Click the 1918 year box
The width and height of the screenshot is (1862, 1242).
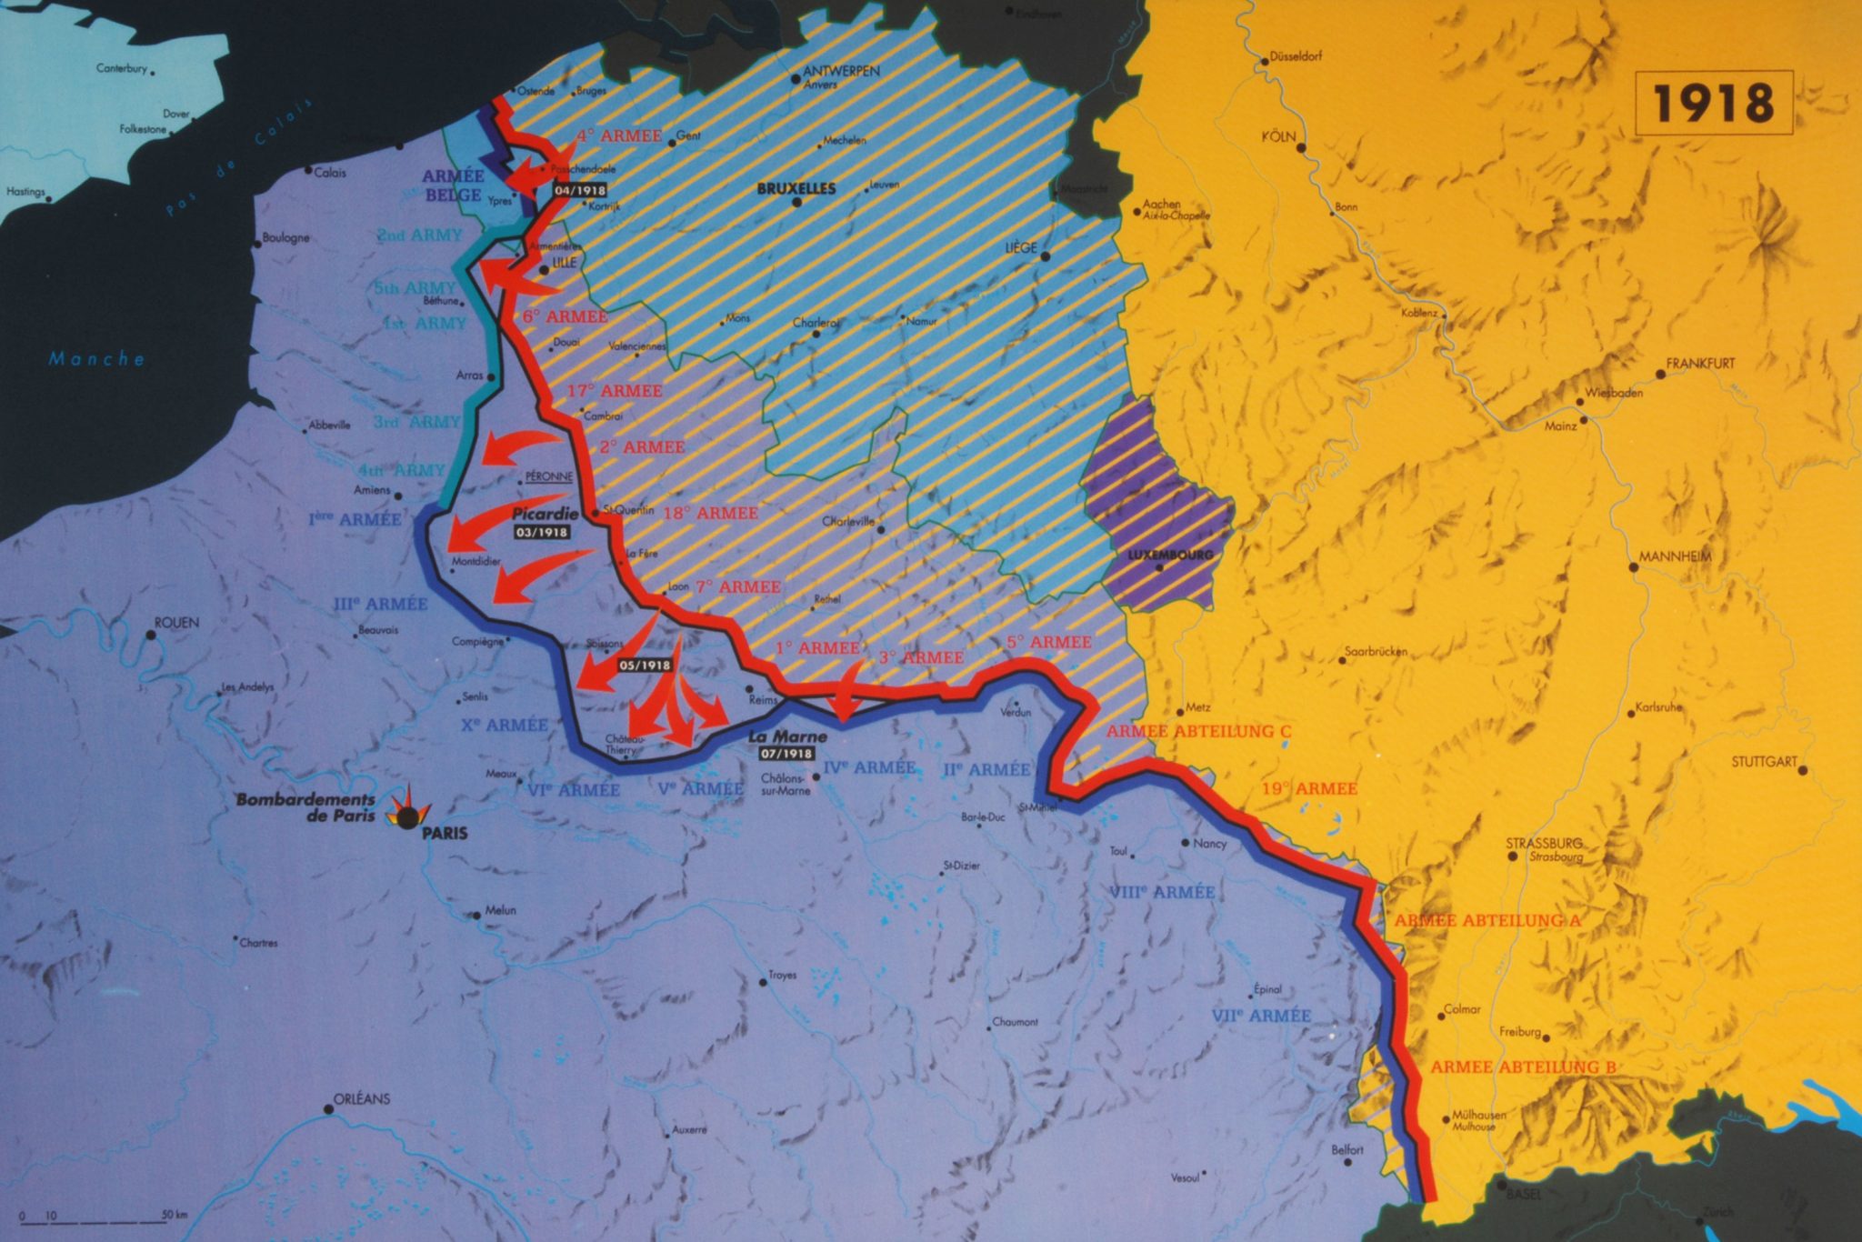1713,103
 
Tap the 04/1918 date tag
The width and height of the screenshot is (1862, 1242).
579,191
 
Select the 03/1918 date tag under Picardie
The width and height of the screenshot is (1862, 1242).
541,532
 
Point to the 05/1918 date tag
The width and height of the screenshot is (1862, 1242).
645,666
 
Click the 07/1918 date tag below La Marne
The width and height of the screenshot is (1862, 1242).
783,754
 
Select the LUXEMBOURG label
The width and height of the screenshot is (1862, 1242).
1169,555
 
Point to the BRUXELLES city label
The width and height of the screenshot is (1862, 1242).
796,189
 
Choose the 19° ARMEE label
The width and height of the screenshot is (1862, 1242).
1308,788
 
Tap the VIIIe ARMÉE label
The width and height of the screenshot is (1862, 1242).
1161,892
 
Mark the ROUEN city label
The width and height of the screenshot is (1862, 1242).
176,624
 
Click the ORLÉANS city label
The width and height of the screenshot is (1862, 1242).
361,1098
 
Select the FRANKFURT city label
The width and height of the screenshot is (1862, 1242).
1699,364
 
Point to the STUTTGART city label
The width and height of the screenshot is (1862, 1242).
1763,761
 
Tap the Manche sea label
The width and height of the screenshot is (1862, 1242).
96,359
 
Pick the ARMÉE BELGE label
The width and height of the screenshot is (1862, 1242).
454,185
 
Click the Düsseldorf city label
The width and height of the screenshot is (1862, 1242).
1295,56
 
